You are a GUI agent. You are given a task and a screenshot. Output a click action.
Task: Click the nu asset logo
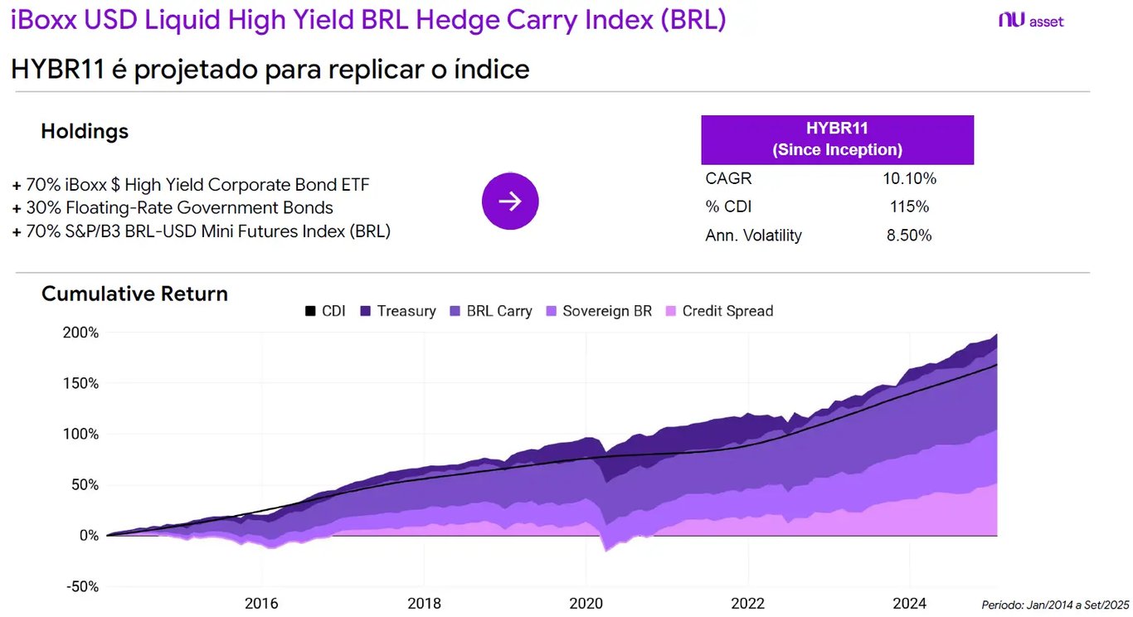1031,21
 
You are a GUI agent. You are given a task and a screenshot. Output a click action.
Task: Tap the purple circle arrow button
510,201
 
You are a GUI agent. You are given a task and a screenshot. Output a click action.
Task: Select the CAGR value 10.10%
909,178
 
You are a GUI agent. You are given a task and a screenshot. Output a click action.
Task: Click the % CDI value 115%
909,206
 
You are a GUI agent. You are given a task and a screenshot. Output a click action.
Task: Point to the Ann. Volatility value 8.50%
909,236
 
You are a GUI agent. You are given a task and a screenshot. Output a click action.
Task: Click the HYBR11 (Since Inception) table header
837,139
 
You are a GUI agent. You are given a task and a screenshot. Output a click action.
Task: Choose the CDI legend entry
325,311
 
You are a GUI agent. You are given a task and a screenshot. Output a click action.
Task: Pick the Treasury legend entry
397,311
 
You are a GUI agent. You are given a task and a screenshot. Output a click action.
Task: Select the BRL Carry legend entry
490,311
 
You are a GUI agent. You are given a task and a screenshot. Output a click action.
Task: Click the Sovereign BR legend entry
598,311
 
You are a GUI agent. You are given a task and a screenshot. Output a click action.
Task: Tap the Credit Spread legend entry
718,311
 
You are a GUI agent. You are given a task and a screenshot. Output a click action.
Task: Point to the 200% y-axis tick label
81,333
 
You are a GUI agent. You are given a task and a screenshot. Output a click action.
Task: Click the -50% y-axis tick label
81,586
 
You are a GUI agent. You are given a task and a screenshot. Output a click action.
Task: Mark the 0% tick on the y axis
88,536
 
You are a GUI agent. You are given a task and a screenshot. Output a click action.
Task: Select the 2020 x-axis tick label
586,603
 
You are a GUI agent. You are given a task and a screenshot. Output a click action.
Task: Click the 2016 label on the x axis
261,603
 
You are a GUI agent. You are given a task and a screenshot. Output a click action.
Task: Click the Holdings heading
85,131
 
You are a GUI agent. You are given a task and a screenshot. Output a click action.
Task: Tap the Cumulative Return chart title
134,294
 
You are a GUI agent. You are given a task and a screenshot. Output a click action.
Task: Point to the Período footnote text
1055,605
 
